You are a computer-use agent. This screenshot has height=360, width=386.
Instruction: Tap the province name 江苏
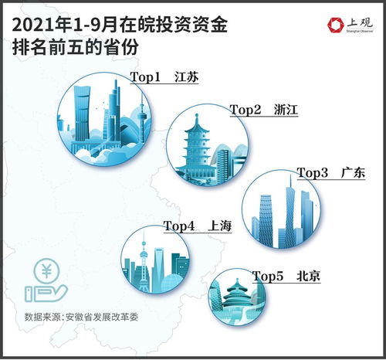(x=187, y=78)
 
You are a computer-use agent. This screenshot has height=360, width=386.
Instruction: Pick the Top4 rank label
(x=178, y=227)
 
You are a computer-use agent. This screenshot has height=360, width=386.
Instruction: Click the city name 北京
(x=308, y=275)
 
